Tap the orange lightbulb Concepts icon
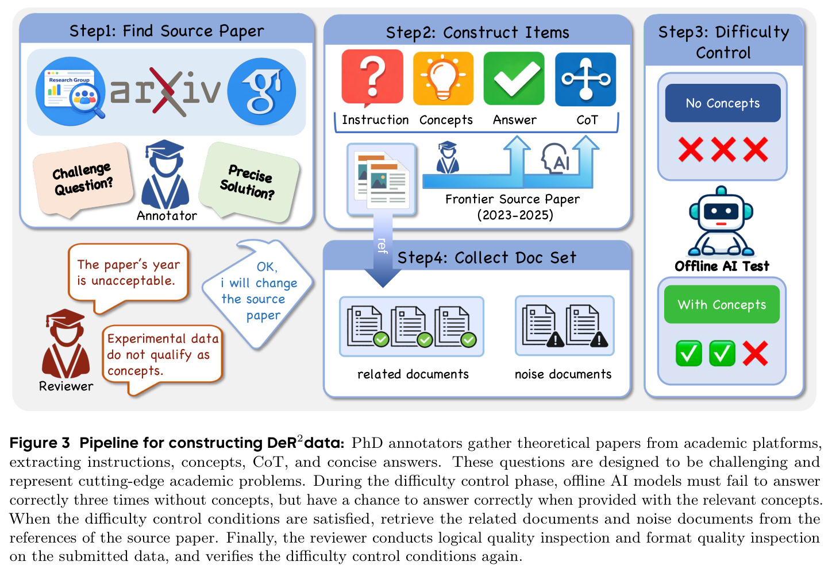click(x=443, y=78)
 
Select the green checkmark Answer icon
click(x=514, y=78)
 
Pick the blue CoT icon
click(x=586, y=79)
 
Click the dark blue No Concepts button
click(x=723, y=103)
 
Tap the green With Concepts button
click(x=722, y=304)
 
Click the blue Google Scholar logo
click(x=261, y=91)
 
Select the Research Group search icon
click(x=70, y=91)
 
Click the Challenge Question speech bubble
click(x=83, y=179)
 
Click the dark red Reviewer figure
click(x=66, y=343)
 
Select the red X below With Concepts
click(x=755, y=353)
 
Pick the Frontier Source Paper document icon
click(x=382, y=179)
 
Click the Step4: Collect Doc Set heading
click(x=487, y=258)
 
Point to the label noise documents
click(x=563, y=374)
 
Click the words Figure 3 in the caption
click(x=40, y=443)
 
